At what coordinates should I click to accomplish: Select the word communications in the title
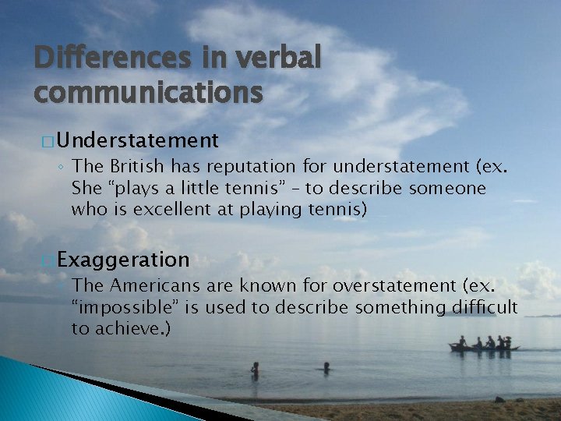click(x=148, y=92)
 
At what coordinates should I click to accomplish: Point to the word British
click(x=136, y=166)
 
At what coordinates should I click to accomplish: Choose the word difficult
click(x=484, y=307)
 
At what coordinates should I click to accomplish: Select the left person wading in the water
click(x=255, y=369)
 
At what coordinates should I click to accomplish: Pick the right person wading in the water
click(x=326, y=366)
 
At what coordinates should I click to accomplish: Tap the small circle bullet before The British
click(x=60, y=167)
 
